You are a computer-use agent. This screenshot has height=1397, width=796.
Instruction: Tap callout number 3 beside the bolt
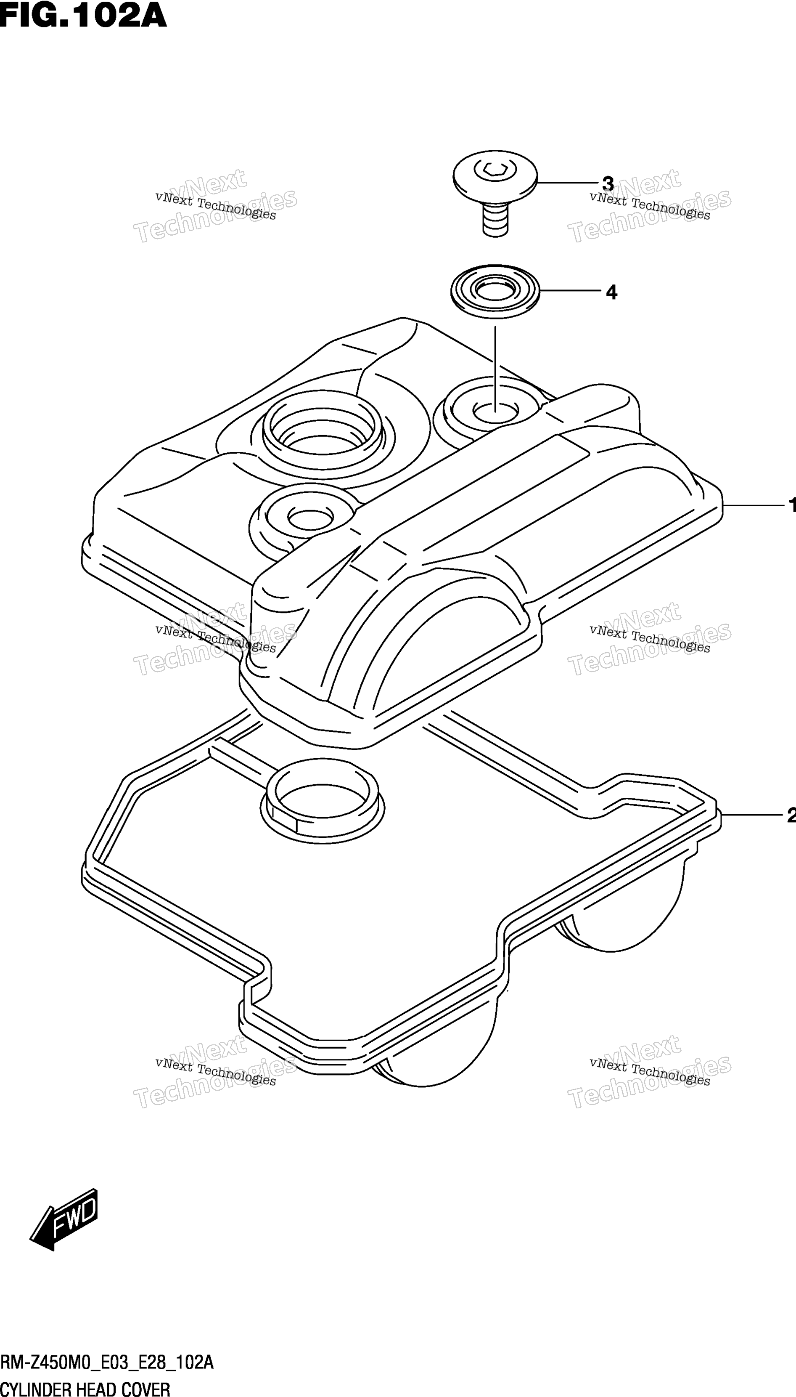607,183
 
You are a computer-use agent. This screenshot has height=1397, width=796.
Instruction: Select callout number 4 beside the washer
611,292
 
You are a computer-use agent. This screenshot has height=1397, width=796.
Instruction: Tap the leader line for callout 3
569,182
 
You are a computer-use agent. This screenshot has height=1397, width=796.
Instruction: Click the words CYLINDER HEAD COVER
85,1385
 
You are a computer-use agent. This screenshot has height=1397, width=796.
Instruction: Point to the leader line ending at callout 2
754,815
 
